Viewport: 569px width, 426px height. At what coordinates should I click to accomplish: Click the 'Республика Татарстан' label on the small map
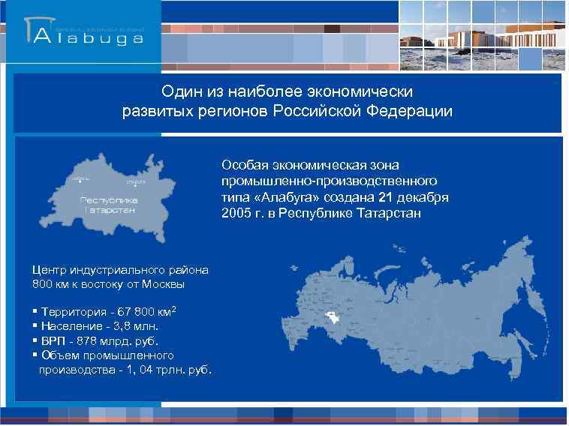(110, 205)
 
